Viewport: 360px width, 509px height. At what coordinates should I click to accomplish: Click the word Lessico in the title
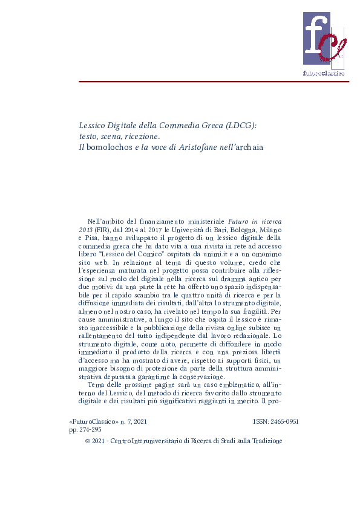tap(93, 125)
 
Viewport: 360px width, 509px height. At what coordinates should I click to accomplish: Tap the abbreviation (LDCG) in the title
tap(240, 125)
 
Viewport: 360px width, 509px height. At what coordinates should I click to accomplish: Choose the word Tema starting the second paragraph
tap(96, 384)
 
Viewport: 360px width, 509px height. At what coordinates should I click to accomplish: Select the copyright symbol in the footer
tap(89, 441)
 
